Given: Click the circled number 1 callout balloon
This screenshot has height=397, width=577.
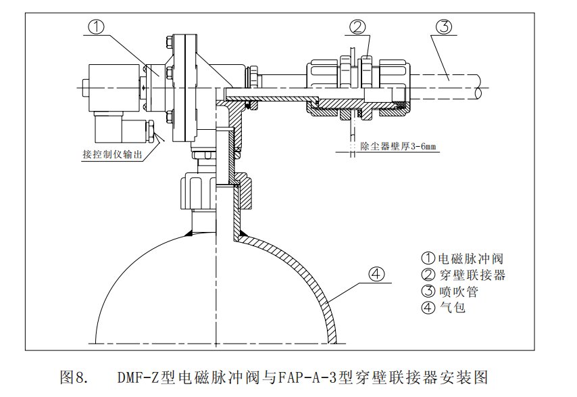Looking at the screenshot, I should coord(97,27).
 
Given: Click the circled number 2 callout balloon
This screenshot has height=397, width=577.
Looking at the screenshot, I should coord(358,27).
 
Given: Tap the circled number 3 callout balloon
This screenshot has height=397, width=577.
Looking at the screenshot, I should coord(443,27).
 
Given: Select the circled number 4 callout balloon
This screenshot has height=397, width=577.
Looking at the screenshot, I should coord(377,275).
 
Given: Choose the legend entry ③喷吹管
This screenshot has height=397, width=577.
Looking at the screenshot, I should coord(452,291).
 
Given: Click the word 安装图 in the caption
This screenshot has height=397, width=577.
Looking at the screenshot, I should coord(465,377).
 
